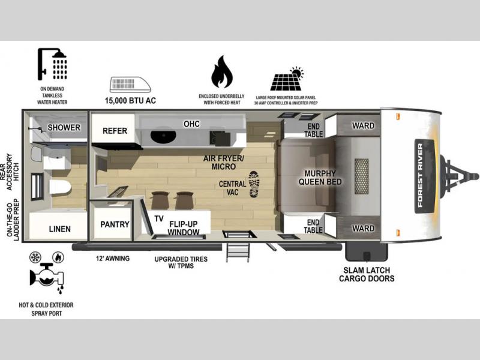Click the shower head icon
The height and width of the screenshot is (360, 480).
coord(52,64)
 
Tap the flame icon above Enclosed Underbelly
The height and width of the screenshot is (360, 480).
coord(221,72)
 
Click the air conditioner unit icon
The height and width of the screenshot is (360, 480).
coord(130,85)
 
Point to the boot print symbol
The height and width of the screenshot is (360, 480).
coord(254,184)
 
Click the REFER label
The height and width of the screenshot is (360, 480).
coord(115,131)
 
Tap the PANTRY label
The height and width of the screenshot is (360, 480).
coord(115,224)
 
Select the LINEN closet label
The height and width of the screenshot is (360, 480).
coord(59,229)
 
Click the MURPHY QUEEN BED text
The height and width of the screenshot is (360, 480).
coord(320,178)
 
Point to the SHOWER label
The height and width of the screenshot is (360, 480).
coord(64,127)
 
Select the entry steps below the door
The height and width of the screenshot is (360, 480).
coord(238,252)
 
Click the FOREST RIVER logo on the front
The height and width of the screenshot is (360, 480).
coord(424,176)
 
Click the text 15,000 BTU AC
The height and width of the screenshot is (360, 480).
coord(130,100)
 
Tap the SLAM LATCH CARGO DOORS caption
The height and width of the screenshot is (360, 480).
coord(367,274)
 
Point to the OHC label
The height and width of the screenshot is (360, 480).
coord(191,124)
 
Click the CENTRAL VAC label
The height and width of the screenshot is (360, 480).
coord(232,188)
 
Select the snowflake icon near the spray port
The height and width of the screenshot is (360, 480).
coord(35,257)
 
